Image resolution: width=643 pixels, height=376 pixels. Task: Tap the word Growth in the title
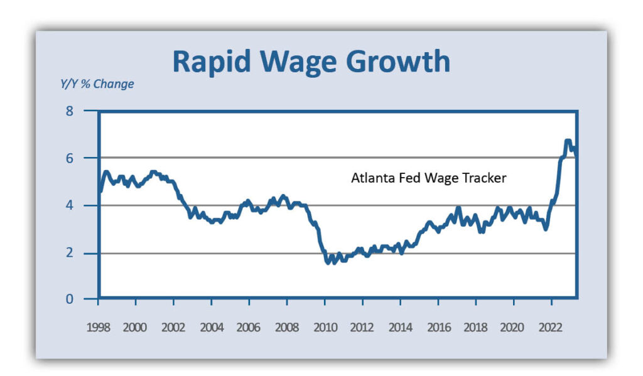coord(408,62)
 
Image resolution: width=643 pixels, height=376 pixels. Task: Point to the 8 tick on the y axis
coord(87,112)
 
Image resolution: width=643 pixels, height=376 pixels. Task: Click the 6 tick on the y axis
coord(87,158)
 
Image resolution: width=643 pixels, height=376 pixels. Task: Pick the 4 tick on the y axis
coord(87,205)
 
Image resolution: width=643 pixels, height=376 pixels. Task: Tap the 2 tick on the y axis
coord(87,252)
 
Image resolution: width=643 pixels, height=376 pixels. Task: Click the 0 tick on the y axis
coord(87,299)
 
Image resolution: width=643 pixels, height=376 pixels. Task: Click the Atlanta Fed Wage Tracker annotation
coord(428,178)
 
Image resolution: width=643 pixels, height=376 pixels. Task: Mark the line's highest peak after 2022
coord(568,141)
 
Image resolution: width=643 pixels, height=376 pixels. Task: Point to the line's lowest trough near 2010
coord(328,262)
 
